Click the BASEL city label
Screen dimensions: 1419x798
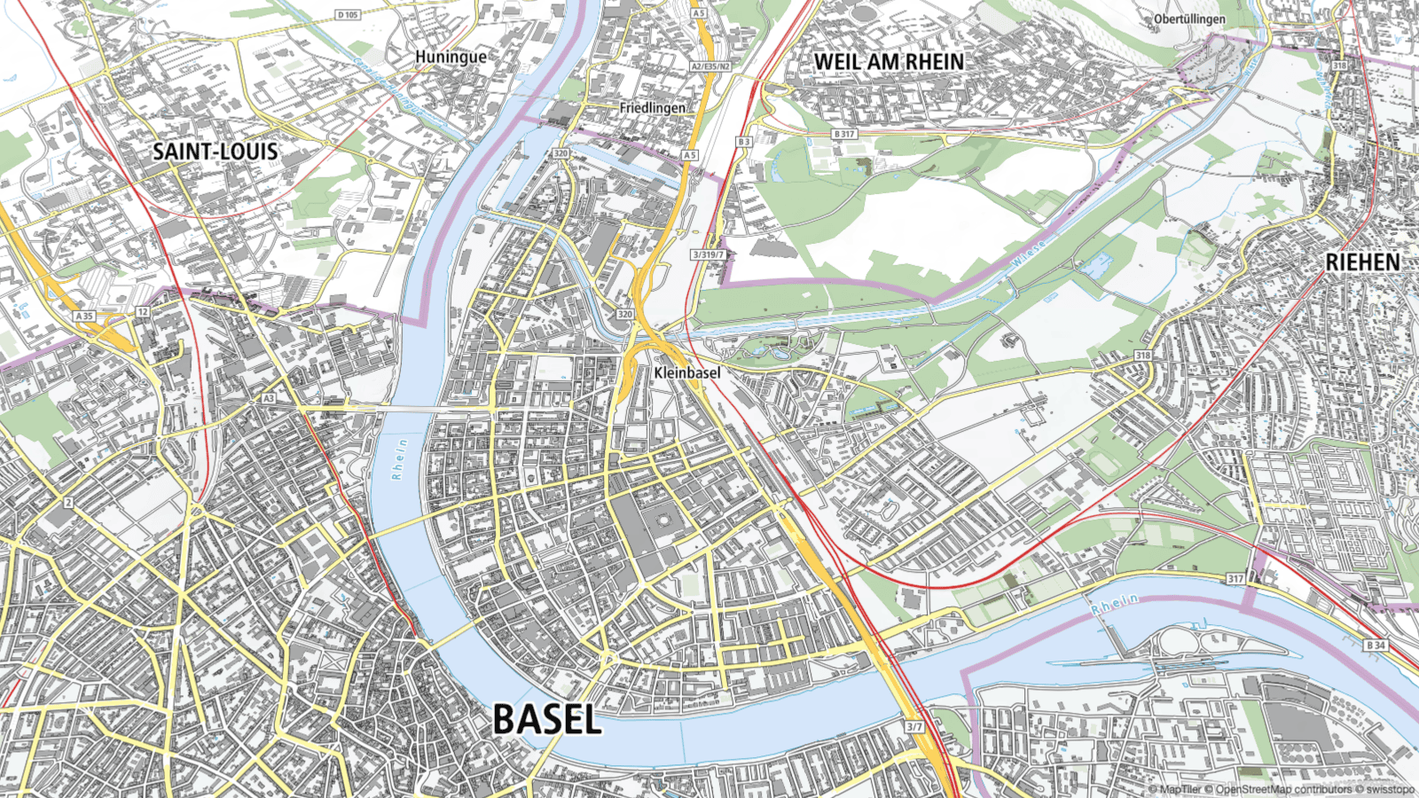[547, 719]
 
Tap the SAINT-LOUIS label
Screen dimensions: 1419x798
[216, 152]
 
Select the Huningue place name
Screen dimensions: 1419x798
[451, 57]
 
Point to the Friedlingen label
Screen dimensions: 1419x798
[652, 107]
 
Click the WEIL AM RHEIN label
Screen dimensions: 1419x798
[889, 61]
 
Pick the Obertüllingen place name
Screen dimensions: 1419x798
[1189, 19]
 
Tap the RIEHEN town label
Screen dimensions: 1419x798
[1362, 262]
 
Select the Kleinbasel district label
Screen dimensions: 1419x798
[687, 372]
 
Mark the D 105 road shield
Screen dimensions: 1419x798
[348, 14]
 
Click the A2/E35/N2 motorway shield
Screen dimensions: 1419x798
[711, 66]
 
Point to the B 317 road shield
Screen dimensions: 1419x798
[844, 134]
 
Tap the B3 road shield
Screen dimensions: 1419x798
[743, 142]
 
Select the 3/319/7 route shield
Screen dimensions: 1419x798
[708, 254]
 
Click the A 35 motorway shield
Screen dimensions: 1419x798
[84, 316]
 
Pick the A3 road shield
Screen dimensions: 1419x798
[268, 399]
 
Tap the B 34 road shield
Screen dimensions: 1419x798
[1376, 645]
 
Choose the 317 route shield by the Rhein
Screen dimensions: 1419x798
[1235, 578]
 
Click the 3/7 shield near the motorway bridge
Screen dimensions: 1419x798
[914, 726]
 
